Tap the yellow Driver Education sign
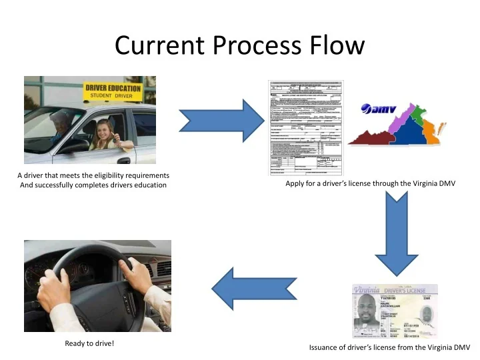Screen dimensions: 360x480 (113, 92)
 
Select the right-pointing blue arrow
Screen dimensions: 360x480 (213, 120)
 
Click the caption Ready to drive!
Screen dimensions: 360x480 (89, 344)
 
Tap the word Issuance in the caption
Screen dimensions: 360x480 (325, 347)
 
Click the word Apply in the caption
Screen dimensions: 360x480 (295, 183)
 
